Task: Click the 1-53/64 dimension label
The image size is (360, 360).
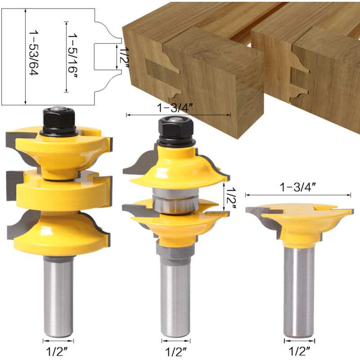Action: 33,53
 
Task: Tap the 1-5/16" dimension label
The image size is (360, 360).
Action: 72,56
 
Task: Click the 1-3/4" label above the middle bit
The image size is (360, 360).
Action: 175,108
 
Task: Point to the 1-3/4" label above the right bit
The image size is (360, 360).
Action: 298,187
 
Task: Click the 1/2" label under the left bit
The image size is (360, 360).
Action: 57,351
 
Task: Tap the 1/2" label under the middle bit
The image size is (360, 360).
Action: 176,351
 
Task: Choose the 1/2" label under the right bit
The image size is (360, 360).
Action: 299,351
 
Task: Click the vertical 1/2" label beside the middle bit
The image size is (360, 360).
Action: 231,198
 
